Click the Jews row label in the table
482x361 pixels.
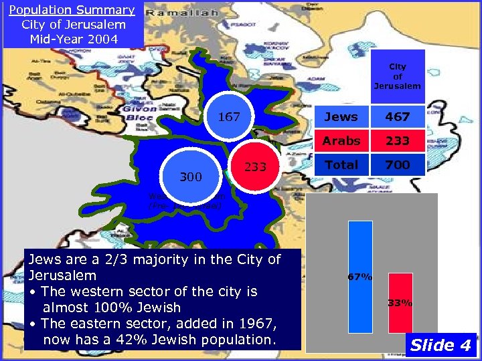click(x=341, y=117)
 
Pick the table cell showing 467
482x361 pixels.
click(x=398, y=117)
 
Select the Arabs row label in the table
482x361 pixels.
click(x=341, y=141)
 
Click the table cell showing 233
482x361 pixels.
click(x=398, y=141)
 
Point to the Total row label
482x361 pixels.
click(x=341, y=164)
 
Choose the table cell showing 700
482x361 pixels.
click(x=398, y=164)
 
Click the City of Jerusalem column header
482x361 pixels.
click(x=398, y=76)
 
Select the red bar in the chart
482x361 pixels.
click(x=400, y=303)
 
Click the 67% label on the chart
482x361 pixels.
click(x=359, y=276)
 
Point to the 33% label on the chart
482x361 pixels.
click(x=400, y=303)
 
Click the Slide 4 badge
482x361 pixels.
click(x=440, y=345)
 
